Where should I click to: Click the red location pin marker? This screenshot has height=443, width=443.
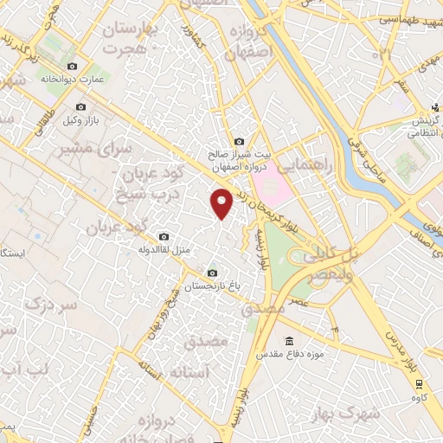pos(221,203)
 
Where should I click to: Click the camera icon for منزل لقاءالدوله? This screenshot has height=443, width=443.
pos(164,237)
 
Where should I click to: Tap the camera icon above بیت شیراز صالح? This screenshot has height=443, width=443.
pos(239,141)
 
